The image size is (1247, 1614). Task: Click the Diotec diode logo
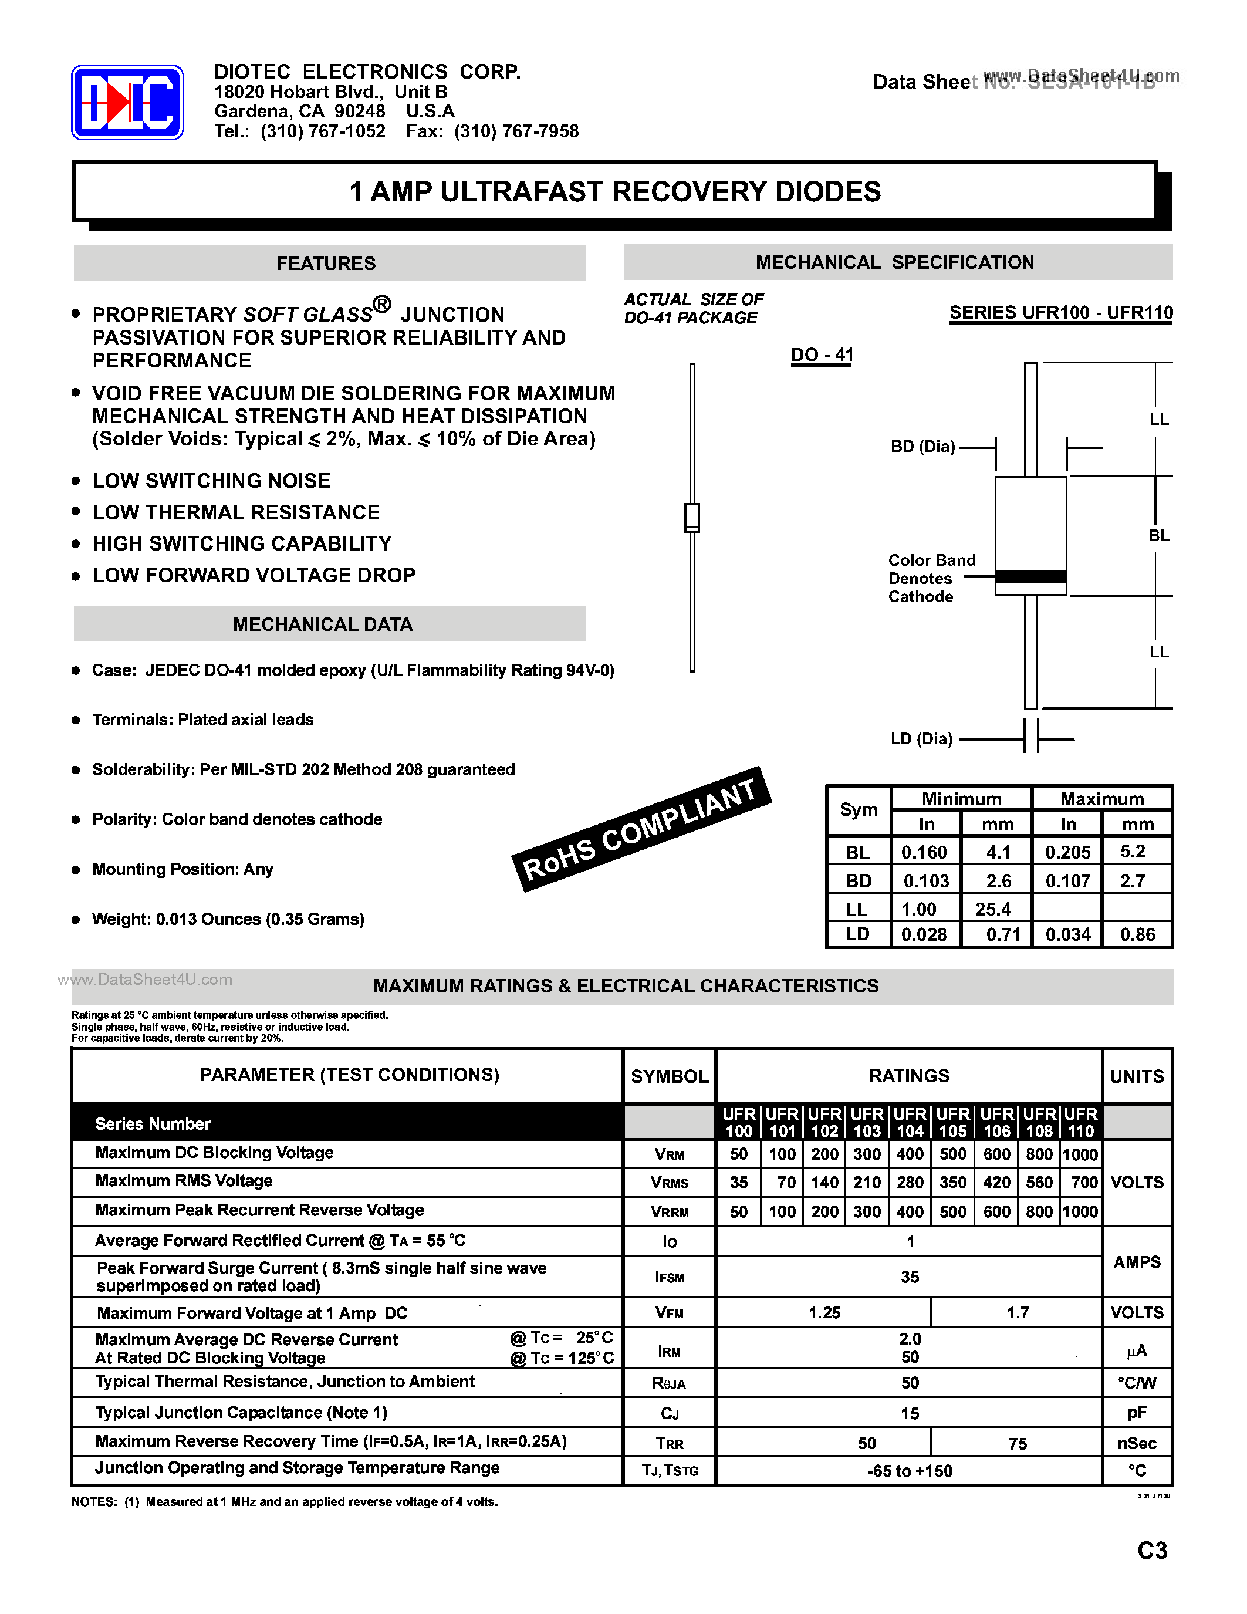tap(127, 103)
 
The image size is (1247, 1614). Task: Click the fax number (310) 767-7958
tap(516, 131)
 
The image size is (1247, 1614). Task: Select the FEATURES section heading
tap(326, 263)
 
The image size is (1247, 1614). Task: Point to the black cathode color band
tap(1030, 576)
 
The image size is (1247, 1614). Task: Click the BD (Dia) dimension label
tap(922, 447)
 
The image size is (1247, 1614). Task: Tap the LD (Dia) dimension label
tap(921, 738)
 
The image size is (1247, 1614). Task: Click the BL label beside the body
tap(1158, 535)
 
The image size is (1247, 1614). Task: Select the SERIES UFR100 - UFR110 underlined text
tap(1060, 313)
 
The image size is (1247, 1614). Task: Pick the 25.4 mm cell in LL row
tap(993, 909)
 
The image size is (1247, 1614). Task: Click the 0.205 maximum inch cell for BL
tap(1067, 852)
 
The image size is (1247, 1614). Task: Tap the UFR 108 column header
tap(1039, 1122)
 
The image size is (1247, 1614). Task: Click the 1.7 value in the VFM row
tap(1017, 1312)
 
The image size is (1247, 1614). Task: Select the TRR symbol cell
tap(670, 1443)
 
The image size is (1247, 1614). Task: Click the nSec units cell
tap(1136, 1443)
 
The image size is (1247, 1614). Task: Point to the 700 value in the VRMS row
tap(1084, 1183)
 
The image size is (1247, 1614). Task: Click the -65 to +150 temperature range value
tap(910, 1471)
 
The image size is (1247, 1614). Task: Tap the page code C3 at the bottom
tap(1152, 1549)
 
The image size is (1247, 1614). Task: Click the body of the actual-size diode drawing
tap(692, 516)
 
